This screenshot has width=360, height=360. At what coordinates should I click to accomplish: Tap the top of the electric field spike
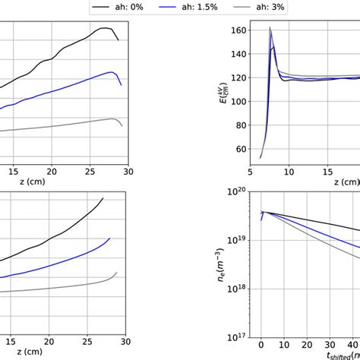[x=270, y=28]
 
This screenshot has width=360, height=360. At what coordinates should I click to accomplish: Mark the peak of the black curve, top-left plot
[x=104, y=29]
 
